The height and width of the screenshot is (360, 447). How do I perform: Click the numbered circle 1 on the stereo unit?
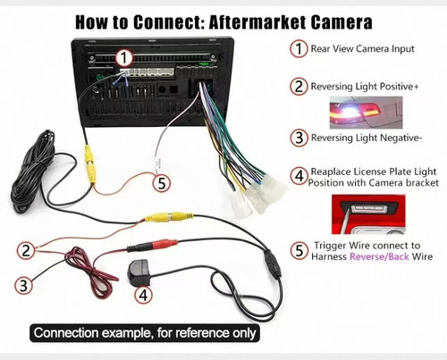click(x=123, y=57)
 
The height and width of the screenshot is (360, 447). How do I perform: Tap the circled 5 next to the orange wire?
click(x=162, y=182)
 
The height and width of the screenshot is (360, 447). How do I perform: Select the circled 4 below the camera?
click(x=143, y=295)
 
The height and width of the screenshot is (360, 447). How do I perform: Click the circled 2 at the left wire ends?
click(x=26, y=250)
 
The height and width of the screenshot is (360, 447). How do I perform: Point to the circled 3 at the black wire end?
click(x=23, y=285)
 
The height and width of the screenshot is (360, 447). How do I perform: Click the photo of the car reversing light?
click(x=366, y=113)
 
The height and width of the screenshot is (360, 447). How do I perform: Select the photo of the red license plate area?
click(x=368, y=214)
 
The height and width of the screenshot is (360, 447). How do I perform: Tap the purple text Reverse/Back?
click(x=379, y=256)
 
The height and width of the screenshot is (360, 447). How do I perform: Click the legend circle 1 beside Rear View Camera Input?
click(x=299, y=48)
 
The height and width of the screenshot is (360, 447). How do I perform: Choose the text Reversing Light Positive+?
click(x=365, y=87)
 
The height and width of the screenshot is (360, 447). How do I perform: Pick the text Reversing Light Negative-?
click(x=367, y=138)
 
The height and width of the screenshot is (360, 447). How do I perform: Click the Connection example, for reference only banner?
click(x=145, y=332)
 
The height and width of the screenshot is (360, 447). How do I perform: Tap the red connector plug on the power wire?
click(x=164, y=244)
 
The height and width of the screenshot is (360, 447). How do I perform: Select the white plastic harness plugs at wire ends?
click(x=257, y=194)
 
